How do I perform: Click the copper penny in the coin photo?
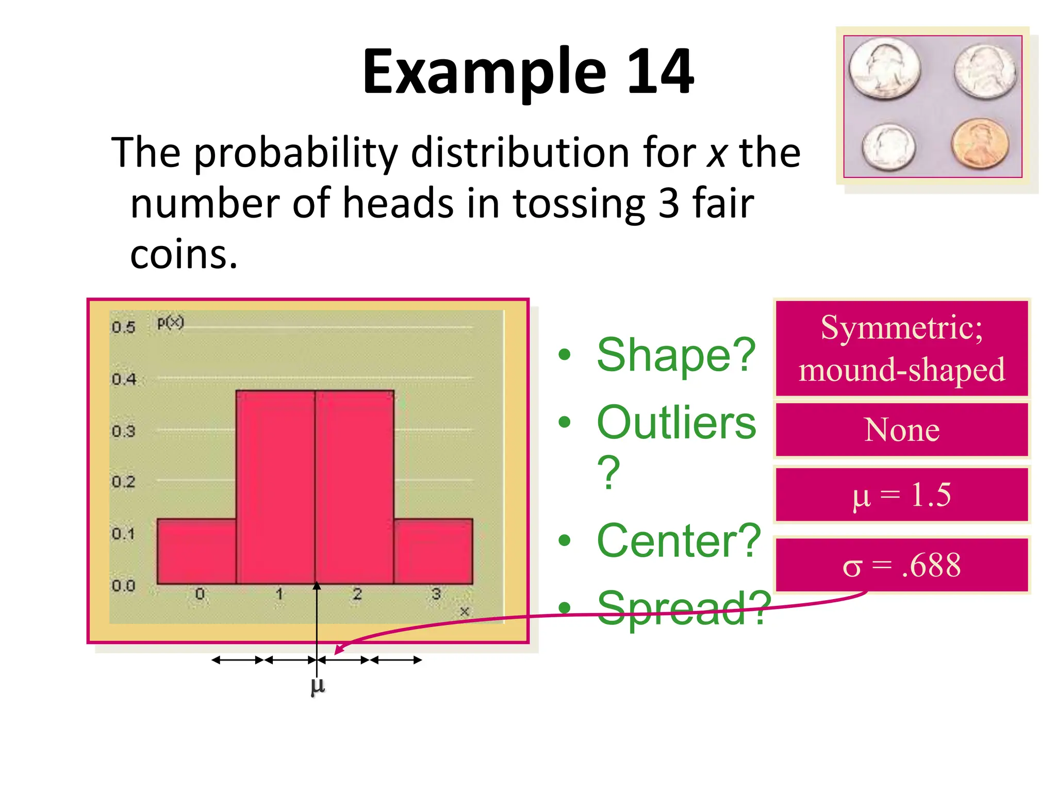980,143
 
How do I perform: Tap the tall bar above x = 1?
275,487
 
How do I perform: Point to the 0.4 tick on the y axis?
124,379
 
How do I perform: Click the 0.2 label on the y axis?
124,482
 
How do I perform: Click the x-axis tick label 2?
357,595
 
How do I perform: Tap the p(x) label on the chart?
170,323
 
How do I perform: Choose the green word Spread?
684,608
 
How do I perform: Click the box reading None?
902,430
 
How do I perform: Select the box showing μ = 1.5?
902,495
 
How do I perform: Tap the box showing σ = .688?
902,565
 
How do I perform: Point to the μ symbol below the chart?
318,686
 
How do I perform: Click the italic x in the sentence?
717,153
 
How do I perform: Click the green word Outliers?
675,423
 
